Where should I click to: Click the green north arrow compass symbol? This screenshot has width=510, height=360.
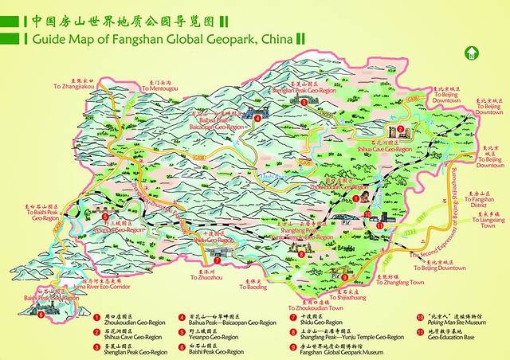coord(472,54)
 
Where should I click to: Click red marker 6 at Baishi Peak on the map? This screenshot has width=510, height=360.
coord(41,313)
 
